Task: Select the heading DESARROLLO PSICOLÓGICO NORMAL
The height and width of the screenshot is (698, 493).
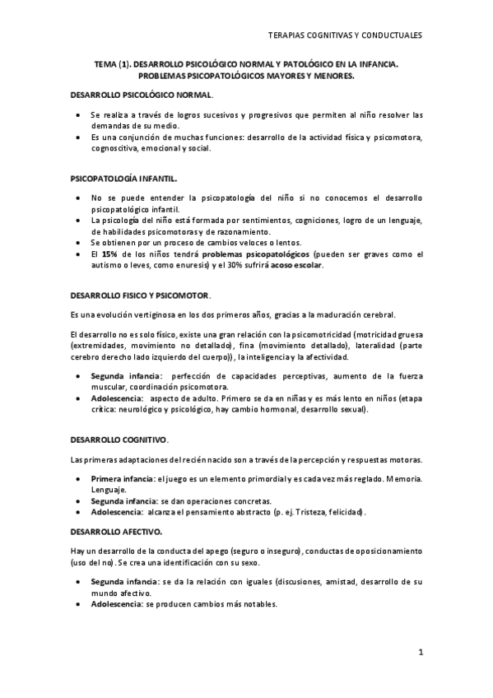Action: click(x=142, y=95)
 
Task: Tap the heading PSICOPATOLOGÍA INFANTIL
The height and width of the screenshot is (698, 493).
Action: click(x=123, y=178)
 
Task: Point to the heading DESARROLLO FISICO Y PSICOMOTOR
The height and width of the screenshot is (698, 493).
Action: click(x=141, y=295)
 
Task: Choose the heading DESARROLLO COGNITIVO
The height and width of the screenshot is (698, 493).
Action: click(x=119, y=440)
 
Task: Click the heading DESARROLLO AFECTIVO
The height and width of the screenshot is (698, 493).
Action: click(x=116, y=532)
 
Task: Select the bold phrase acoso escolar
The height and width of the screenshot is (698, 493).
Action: click(x=296, y=265)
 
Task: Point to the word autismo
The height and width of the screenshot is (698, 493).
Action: click(x=109, y=265)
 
